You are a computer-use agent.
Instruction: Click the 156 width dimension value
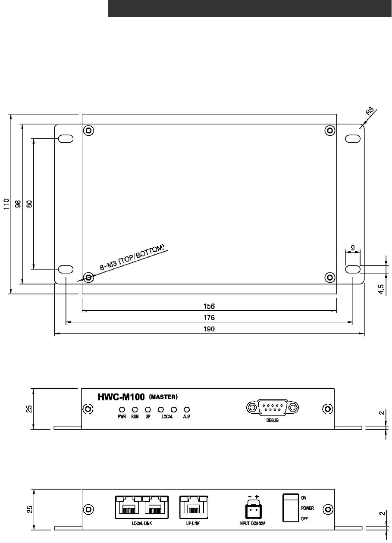(209, 306)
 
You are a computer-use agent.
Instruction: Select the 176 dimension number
(209, 318)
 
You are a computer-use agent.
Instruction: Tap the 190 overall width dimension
(209, 329)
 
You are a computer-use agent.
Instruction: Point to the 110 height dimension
(6, 204)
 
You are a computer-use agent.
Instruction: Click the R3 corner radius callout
(370, 111)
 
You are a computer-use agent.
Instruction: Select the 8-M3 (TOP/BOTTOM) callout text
(132, 257)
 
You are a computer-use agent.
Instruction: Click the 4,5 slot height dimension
(381, 289)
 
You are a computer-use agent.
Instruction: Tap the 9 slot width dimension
(353, 248)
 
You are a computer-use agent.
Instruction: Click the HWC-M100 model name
(121, 397)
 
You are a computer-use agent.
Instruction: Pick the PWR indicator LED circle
(122, 409)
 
